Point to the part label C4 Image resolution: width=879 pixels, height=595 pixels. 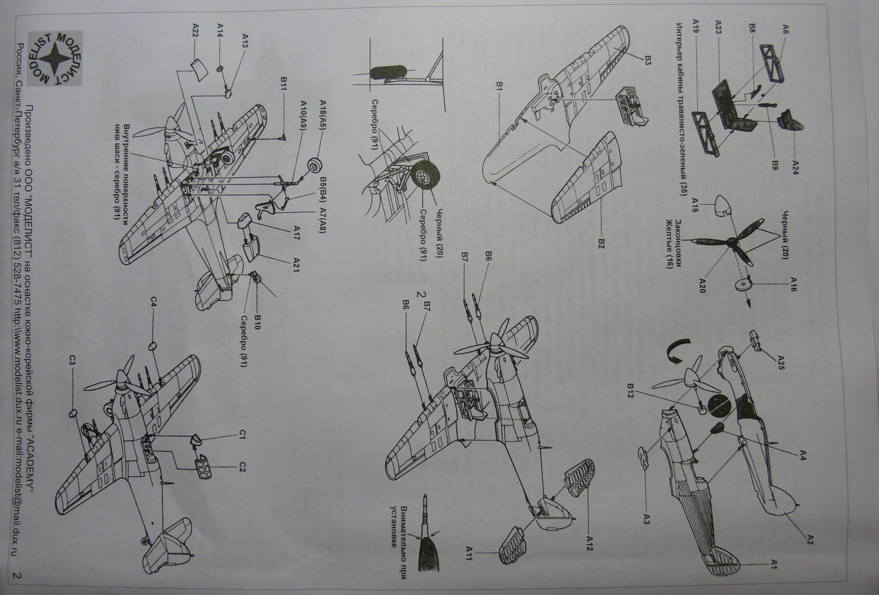tap(154, 302)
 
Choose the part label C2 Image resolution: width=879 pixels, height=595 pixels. tap(242, 467)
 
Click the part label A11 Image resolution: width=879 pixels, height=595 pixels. tap(470, 553)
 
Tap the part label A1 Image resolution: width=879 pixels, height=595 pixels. tap(773, 563)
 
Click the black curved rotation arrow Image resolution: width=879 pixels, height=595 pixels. tap(677, 350)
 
